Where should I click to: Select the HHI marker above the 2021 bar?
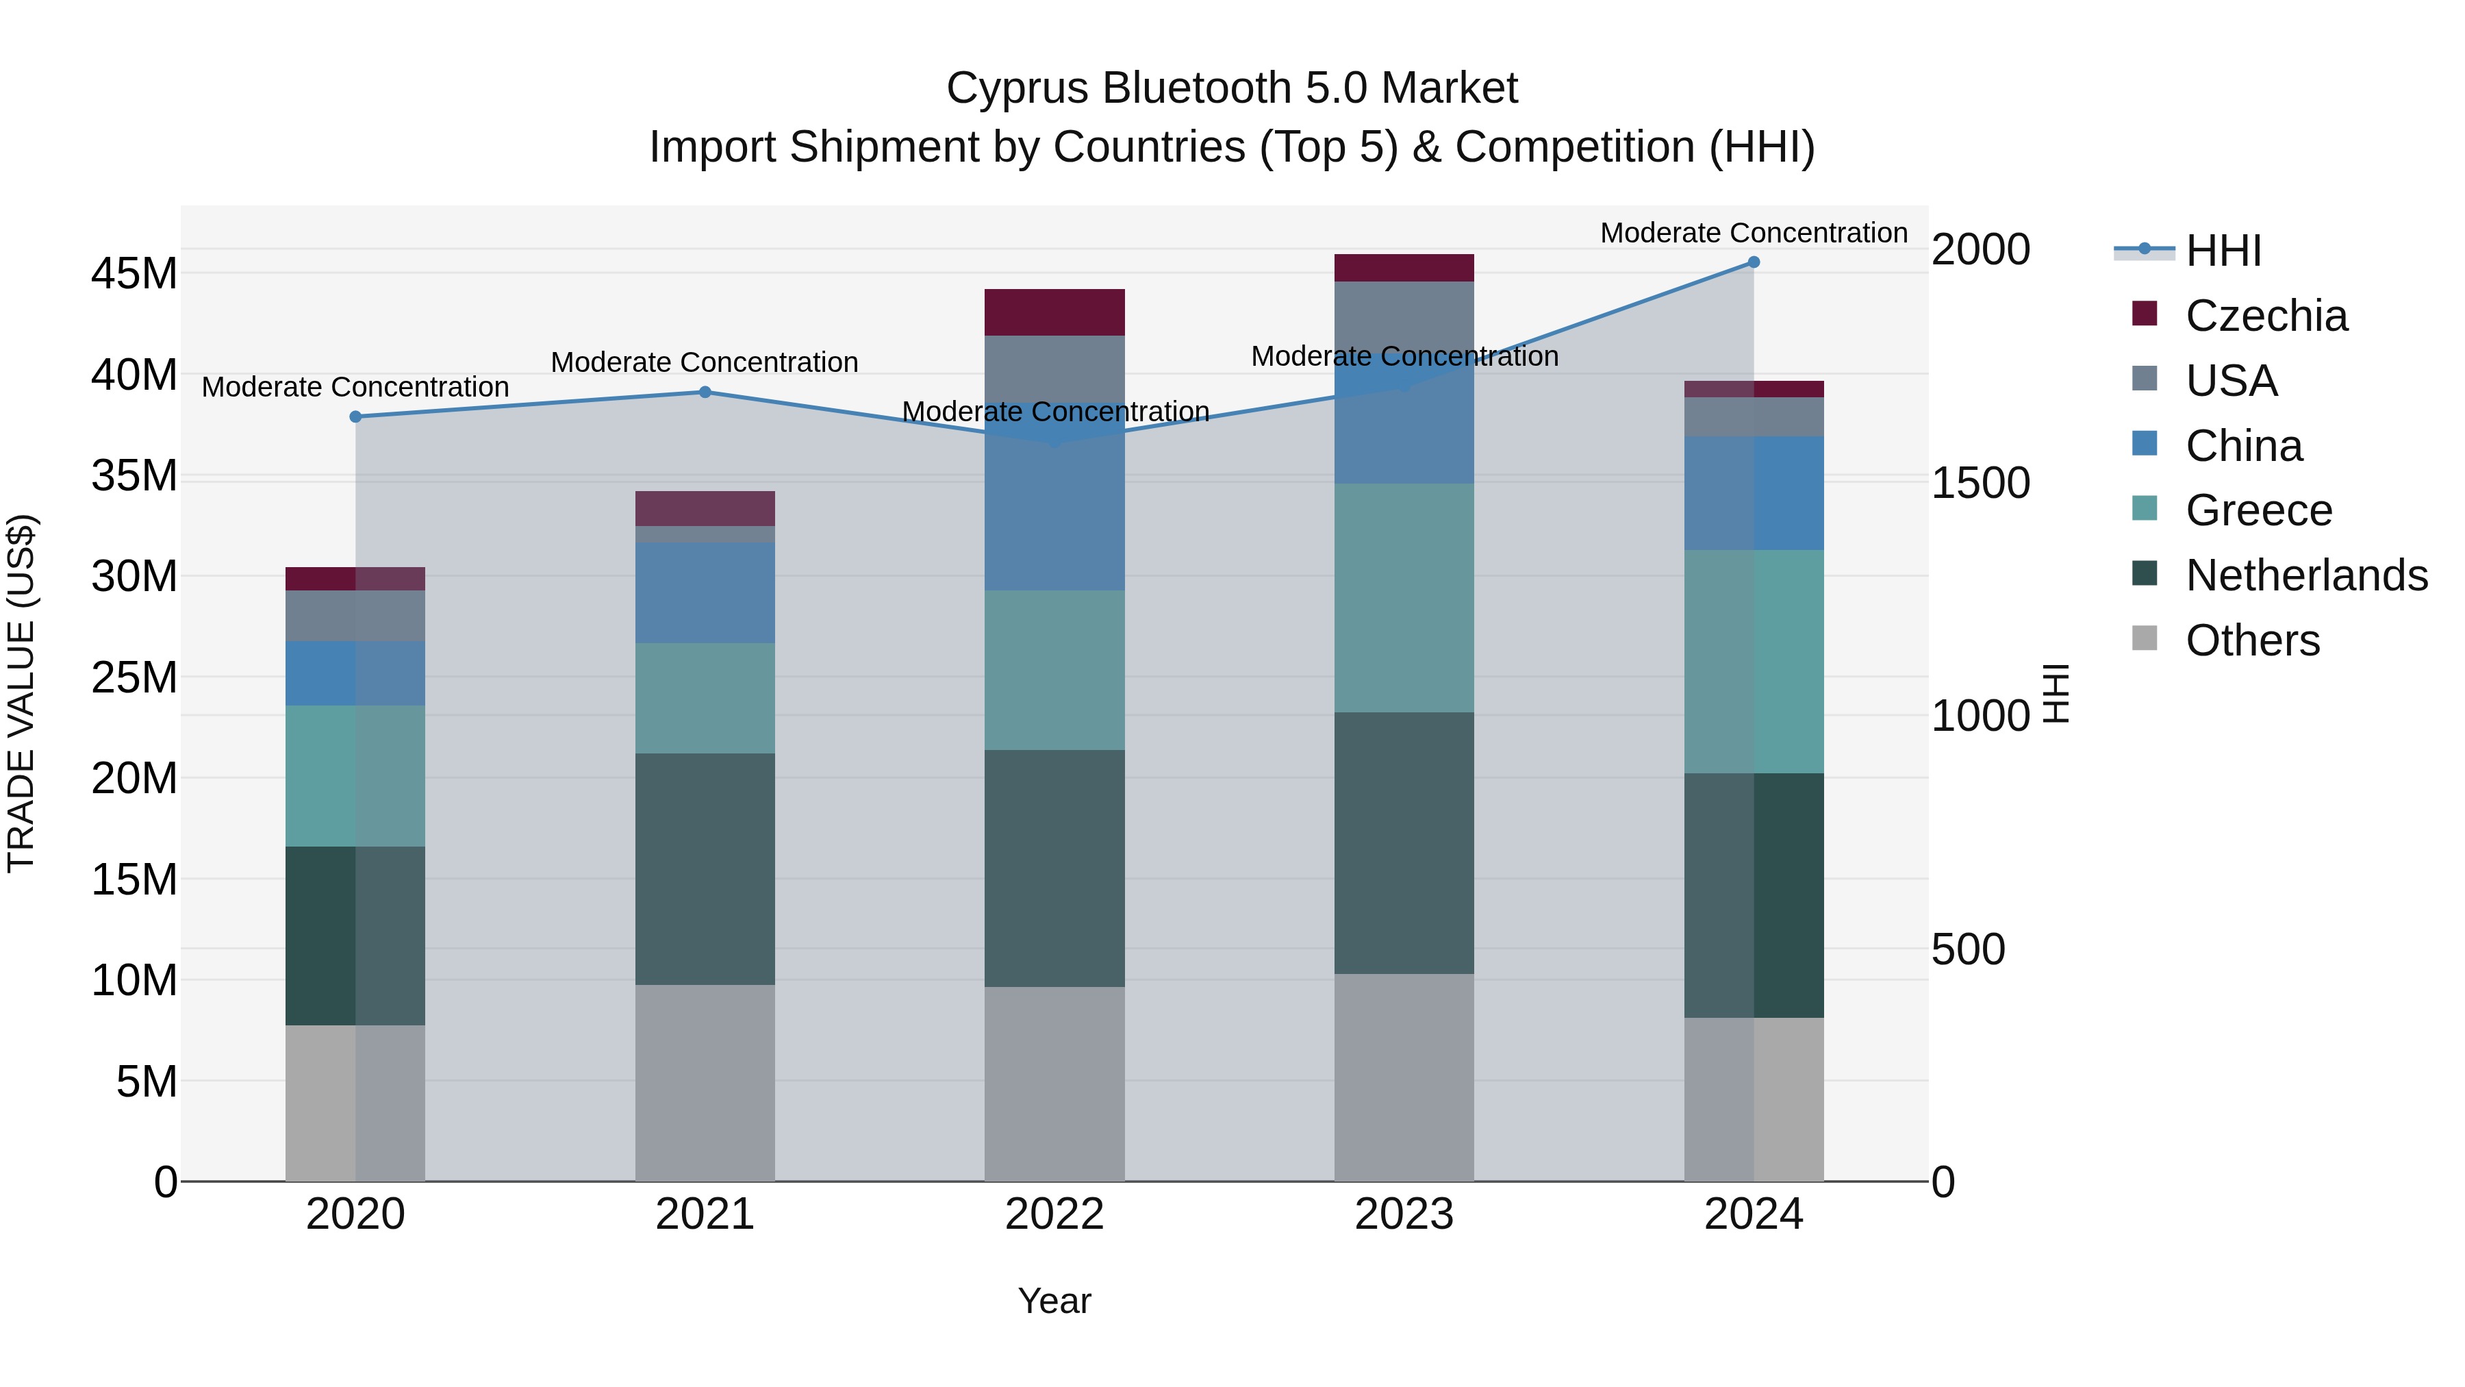pos(705,392)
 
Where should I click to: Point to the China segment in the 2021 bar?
pos(705,592)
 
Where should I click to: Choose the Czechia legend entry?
pos(2266,316)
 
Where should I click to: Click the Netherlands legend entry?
pos(2306,575)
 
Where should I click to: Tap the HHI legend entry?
pos(2223,251)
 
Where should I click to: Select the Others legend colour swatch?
pos(2145,638)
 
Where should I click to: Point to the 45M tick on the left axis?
pos(134,274)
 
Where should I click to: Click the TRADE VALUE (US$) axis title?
pos(21,693)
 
